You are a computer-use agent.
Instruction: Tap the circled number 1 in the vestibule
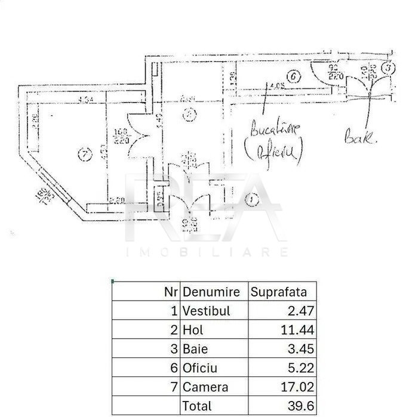(x=252, y=200)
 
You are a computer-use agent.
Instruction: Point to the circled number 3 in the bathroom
(x=388, y=68)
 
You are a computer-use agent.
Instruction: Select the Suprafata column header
(x=279, y=292)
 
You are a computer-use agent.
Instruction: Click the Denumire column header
(x=211, y=292)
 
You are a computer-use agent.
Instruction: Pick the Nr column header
(x=171, y=292)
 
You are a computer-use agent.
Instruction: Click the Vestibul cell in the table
(x=207, y=311)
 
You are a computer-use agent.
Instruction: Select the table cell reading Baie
(x=196, y=349)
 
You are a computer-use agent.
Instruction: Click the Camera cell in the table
(x=205, y=387)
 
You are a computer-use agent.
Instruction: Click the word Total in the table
(x=197, y=406)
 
